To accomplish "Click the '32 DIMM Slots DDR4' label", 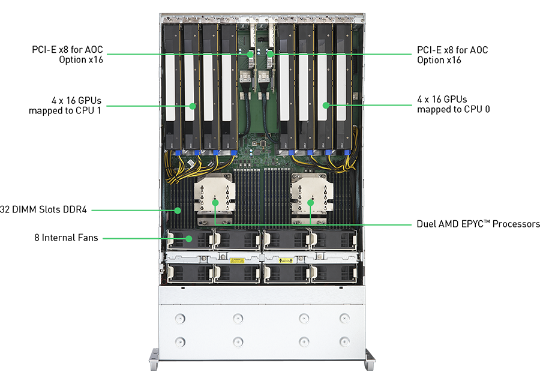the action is pyautogui.click(x=43, y=209).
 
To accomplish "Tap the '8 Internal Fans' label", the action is pyautogui.click(x=66, y=238).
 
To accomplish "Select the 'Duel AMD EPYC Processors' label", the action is pyautogui.click(x=478, y=224).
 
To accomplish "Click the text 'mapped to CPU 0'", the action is pyautogui.click(x=453, y=109).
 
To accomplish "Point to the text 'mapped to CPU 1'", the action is pyautogui.click(x=65, y=110).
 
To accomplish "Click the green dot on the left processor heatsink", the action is pyautogui.click(x=215, y=203).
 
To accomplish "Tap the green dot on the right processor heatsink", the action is pyautogui.click(x=310, y=203).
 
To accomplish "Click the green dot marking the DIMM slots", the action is pyautogui.click(x=178, y=210).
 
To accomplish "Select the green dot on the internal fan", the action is pyautogui.click(x=189, y=238).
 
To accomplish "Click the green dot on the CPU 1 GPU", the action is pyautogui.click(x=193, y=106).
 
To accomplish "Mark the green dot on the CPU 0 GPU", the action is pyautogui.click(x=326, y=105).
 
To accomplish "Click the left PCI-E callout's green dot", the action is pyautogui.click(x=250, y=54).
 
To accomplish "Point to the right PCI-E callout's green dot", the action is pyautogui.click(x=271, y=54).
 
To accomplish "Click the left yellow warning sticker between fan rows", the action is pyautogui.click(x=237, y=260).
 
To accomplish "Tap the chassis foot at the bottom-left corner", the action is pyautogui.click(x=154, y=359).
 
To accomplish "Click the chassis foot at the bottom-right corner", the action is pyautogui.click(x=370, y=359).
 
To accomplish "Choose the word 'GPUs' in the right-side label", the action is pyautogui.click(x=455, y=99).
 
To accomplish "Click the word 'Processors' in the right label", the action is pyautogui.click(x=516, y=224).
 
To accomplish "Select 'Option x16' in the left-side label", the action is pyautogui.click(x=81, y=59).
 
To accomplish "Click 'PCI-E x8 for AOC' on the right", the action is pyautogui.click(x=452, y=50).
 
